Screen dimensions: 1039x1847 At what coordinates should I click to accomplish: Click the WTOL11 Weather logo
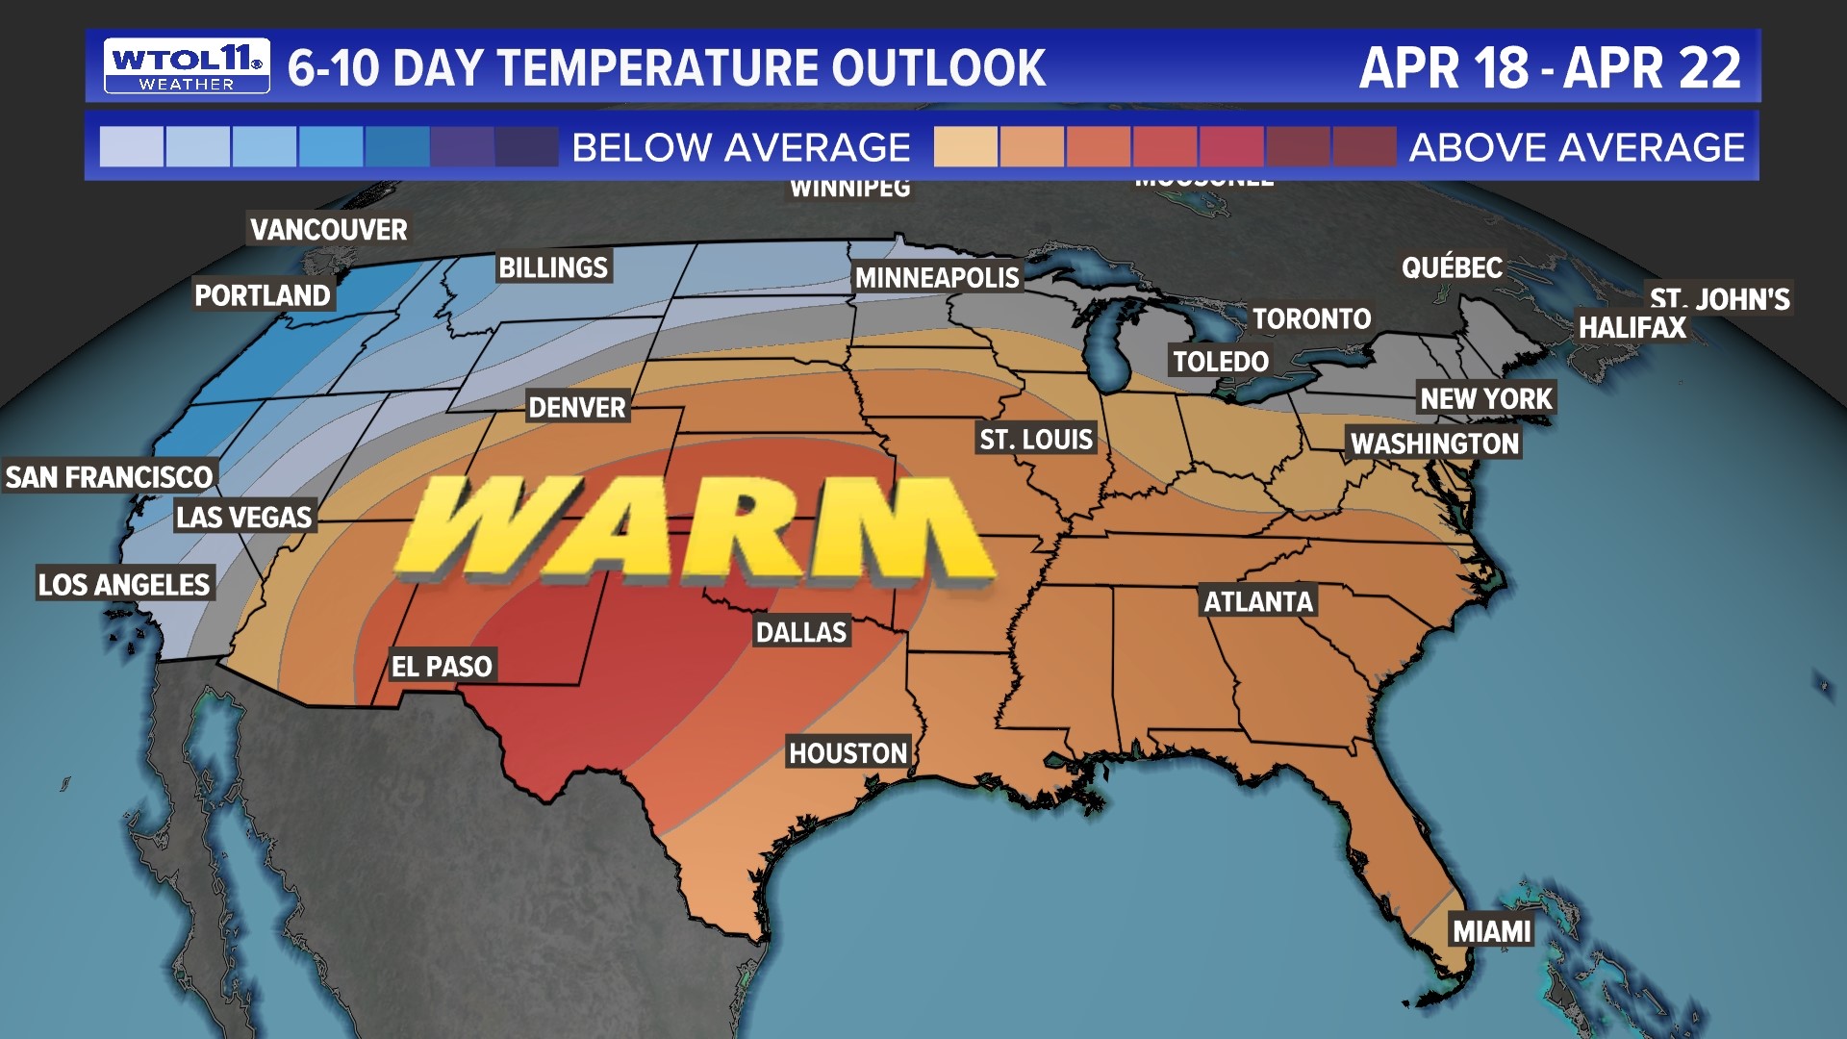click(187, 66)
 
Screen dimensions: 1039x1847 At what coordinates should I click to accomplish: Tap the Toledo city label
click(1221, 362)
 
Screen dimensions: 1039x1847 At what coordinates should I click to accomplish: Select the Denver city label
click(577, 408)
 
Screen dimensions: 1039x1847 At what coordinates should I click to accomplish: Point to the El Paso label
click(442, 666)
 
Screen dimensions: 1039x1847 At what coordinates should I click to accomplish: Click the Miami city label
click(1491, 931)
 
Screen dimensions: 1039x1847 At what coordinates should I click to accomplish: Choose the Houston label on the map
click(848, 753)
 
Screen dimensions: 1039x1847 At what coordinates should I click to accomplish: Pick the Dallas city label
click(801, 632)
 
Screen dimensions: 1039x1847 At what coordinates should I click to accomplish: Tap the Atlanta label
click(1258, 602)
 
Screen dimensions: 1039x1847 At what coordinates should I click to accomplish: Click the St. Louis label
click(1036, 440)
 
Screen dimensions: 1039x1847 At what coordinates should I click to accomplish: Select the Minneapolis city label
click(937, 278)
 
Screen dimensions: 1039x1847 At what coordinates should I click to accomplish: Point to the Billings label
click(553, 267)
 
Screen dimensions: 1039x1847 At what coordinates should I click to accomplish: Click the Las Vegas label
click(244, 518)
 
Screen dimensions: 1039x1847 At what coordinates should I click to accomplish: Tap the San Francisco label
click(109, 477)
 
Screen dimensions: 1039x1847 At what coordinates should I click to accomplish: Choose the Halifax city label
click(1632, 328)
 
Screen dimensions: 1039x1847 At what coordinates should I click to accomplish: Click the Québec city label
click(1452, 267)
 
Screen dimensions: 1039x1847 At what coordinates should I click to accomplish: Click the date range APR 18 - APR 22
click(1550, 68)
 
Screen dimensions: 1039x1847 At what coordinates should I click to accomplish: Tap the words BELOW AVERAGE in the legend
click(741, 148)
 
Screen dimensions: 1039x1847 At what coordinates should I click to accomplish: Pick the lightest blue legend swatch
click(132, 147)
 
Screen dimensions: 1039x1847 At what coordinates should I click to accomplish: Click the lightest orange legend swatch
click(966, 147)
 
